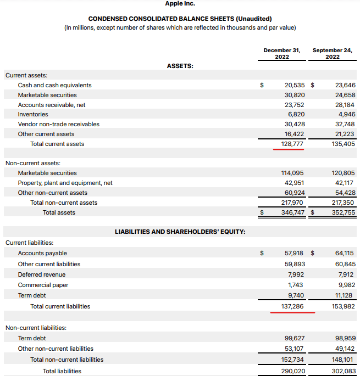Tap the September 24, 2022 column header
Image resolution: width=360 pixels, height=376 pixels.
point(332,53)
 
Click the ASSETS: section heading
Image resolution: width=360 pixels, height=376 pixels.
point(180,66)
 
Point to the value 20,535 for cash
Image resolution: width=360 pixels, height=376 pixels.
point(295,85)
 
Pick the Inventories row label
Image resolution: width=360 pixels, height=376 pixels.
point(33,114)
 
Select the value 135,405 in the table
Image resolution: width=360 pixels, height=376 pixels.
point(344,144)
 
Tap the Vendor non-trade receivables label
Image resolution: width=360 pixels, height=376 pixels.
point(58,124)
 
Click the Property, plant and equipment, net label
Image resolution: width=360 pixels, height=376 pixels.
point(65,183)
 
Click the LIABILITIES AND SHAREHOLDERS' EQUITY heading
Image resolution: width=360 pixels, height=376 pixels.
point(180,232)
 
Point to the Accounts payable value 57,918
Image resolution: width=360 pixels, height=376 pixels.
point(295,253)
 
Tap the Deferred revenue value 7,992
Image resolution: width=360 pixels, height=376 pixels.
point(296,274)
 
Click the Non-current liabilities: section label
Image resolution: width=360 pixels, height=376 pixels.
point(36,328)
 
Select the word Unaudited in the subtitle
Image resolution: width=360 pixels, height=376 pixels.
point(252,19)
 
